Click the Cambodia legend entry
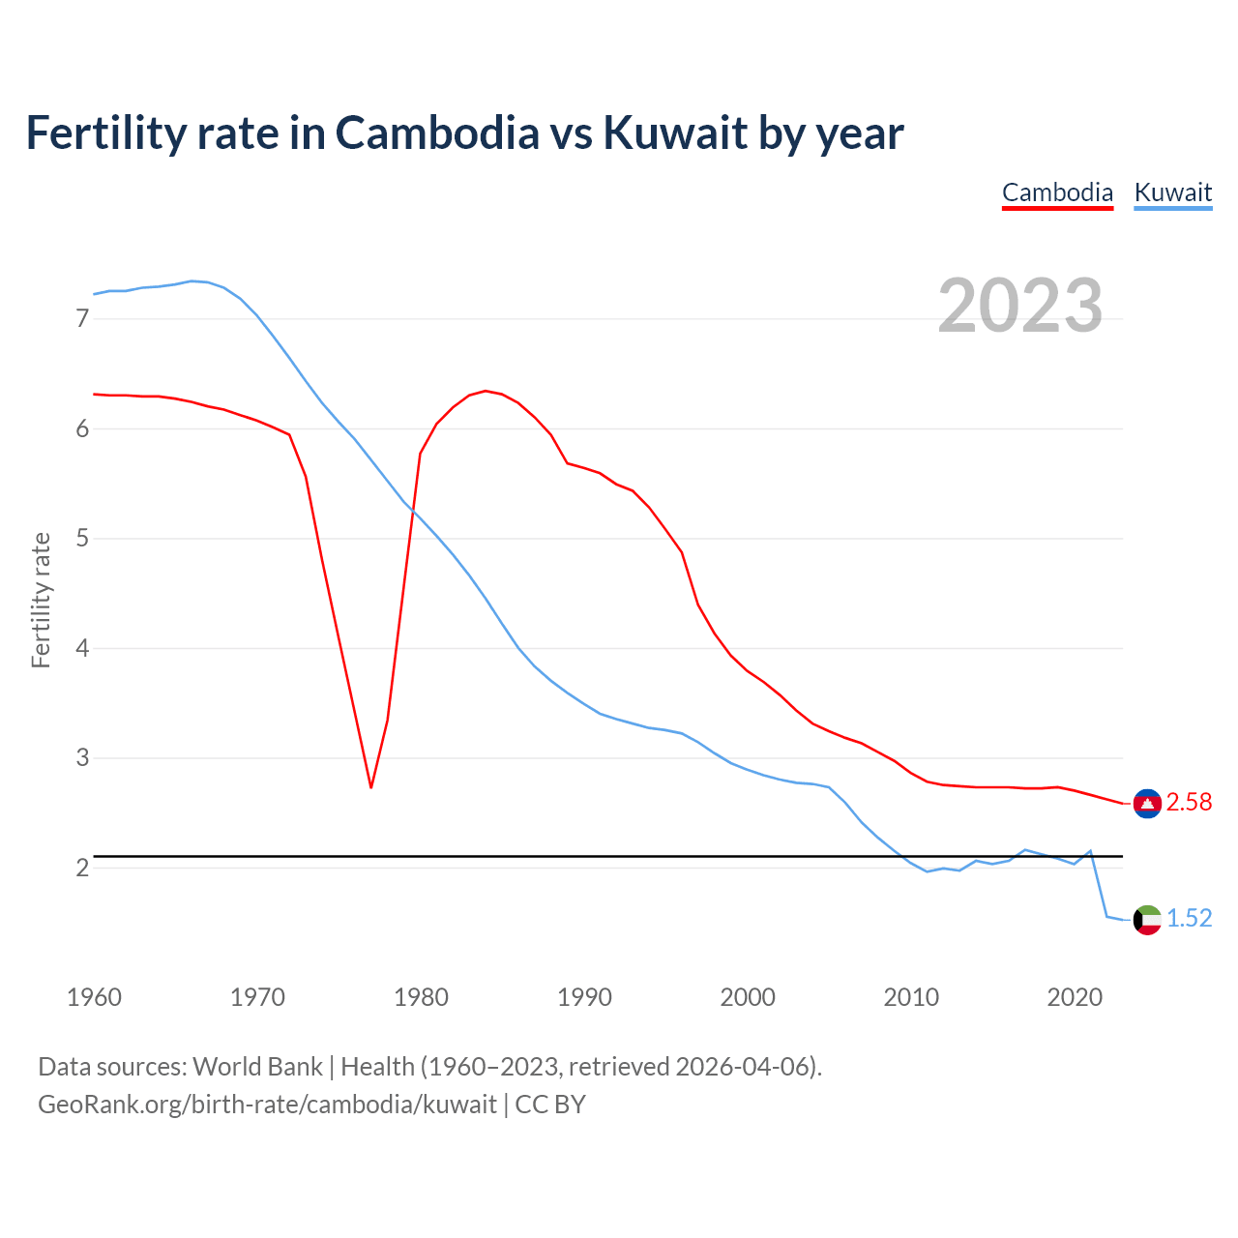click(1057, 192)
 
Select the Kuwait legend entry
click(1172, 192)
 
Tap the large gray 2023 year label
click(1020, 306)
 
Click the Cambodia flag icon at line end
click(1147, 803)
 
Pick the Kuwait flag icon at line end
click(1147, 919)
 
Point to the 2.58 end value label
click(1189, 803)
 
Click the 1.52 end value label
click(1189, 919)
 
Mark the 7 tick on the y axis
click(82, 319)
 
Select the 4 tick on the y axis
click(82, 648)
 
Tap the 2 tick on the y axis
click(82, 868)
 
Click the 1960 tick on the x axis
click(94, 997)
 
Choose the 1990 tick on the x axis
click(584, 997)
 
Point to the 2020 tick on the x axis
click(1075, 997)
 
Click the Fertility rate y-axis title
click(41, 600)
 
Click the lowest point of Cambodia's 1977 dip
click(370, 787)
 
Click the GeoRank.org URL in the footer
click(267, 1105)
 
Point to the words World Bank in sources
click(257, 1067)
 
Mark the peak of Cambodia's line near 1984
click(485, 391)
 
